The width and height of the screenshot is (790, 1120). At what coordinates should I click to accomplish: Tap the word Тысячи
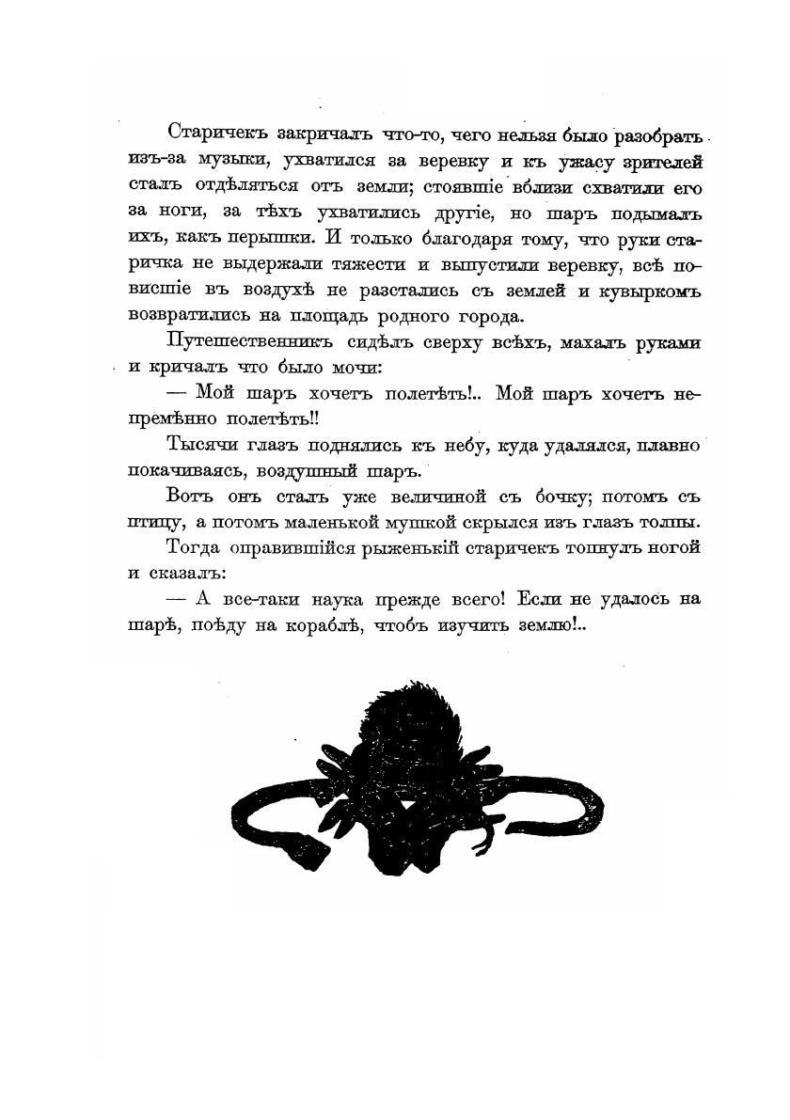pos(195,444)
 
